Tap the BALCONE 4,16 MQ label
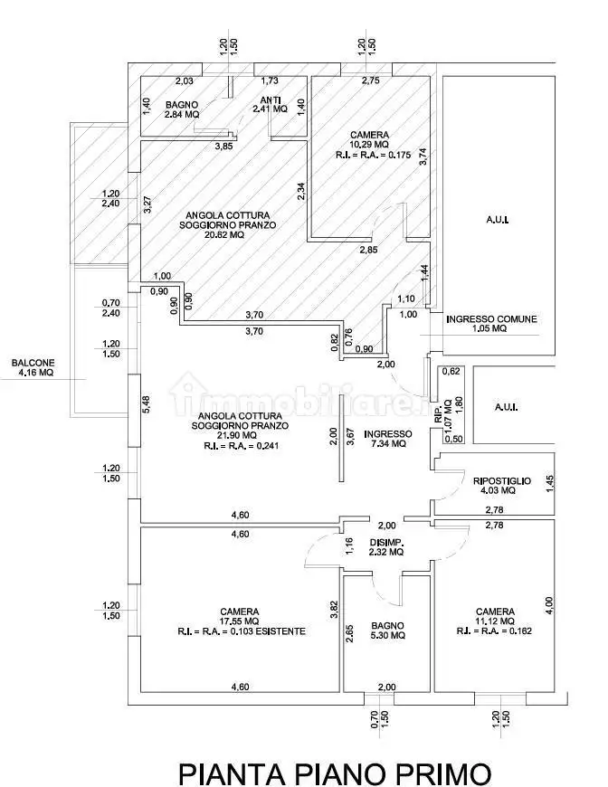[x=32, y=368]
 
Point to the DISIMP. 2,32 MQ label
[x=385, y=548]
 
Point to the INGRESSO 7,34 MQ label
[x=387, y=439]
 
